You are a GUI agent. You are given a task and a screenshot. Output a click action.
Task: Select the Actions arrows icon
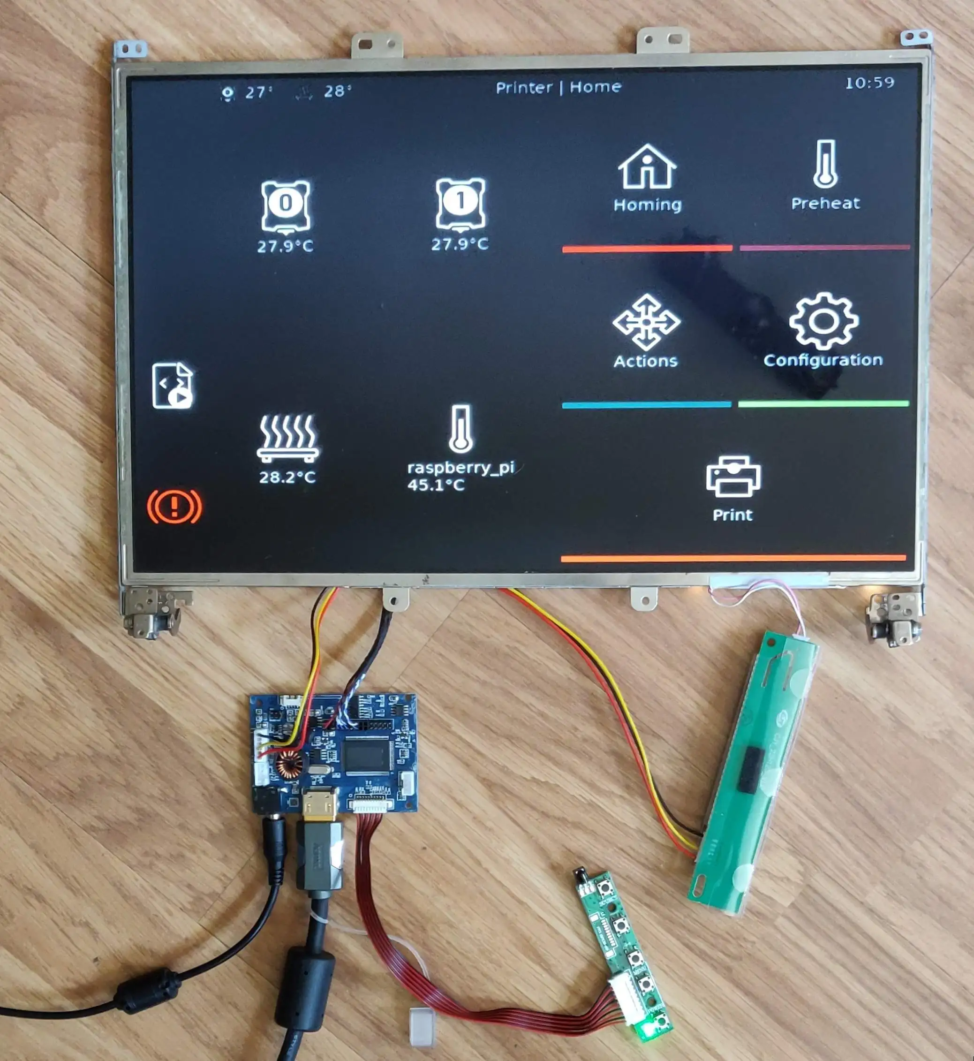[646, 323]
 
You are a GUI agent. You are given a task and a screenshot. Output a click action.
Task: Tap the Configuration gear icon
[823, 321]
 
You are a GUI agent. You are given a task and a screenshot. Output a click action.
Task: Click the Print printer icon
[732, 477]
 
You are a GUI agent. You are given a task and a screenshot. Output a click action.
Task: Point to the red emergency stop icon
[174, 506]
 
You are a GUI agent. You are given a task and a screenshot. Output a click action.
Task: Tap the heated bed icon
[288, 438]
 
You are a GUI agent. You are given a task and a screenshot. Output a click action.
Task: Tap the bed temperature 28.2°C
[287, 477]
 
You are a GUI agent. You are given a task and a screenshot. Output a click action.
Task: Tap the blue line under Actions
[646, 405]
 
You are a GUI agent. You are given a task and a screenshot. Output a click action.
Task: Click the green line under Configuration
[823, 404]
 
